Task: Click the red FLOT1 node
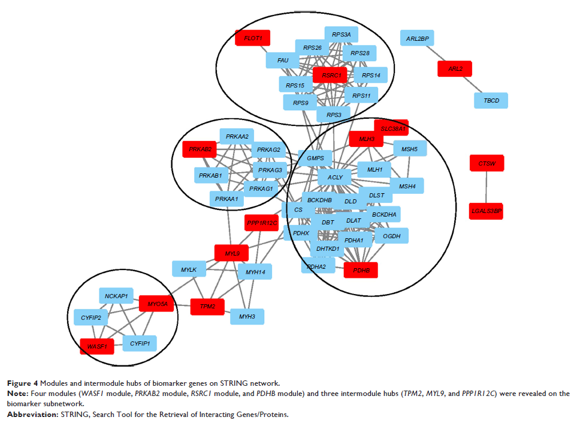pos(253,38)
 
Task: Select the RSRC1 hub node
pos(330,75)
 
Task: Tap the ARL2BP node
pos(417,39)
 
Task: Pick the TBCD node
pos(491,100)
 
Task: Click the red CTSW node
pos(487,163)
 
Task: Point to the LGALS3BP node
pos(486,211)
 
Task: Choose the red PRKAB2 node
pos(200,149)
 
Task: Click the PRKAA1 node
pos(227,199)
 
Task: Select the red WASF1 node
pos(97,346)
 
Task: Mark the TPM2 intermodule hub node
pos(207,306)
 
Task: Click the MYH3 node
pos(247,316)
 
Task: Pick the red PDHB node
pos(361,271)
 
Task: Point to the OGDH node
pos(391,236)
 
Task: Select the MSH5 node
pos(409,149)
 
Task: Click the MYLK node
pos(189,269)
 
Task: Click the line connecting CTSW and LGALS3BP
pos(487,187)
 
